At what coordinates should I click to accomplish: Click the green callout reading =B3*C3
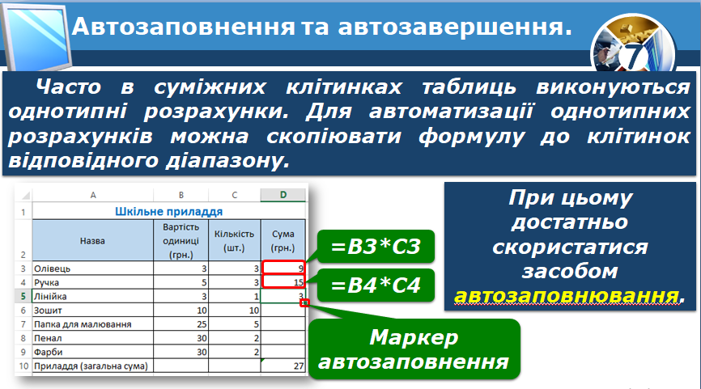point(376,246)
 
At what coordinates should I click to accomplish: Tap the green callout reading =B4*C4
point(376,285)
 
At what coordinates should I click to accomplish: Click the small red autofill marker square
point(304,302)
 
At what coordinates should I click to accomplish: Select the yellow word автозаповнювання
point(566,296)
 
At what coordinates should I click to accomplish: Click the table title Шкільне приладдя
point(169,211)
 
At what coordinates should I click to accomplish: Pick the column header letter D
point(283,195)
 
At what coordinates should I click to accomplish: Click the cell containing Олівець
point(92,268)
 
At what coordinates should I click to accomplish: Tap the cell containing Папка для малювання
point(92,324)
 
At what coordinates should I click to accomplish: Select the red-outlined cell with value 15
point(284,281)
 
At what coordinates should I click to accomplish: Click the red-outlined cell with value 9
point(284,268)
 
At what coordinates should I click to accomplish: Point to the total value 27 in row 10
point(299,366)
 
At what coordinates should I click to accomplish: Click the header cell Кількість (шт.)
point(234,240)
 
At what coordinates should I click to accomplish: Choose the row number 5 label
point(23,296)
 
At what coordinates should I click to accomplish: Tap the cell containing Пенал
point(92,338)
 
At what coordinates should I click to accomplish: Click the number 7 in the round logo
point(634,57)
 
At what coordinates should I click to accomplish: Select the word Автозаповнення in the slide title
point(183,27)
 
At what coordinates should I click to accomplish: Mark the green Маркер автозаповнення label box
point(414,349)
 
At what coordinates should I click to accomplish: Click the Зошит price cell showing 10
point(181,310)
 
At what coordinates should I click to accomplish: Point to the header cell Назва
point(92,240)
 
